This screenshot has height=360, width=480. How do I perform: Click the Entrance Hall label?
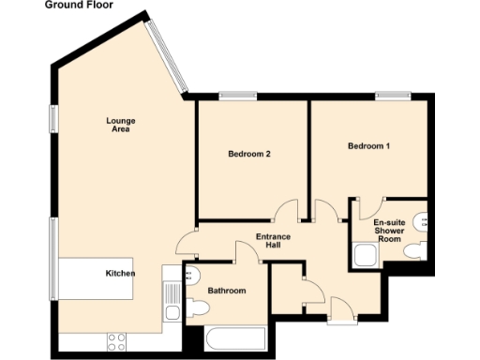(x=274, y=242)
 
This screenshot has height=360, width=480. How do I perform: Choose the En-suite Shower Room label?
(x=389, y=230)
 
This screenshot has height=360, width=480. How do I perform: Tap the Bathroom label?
(x=227, y=292)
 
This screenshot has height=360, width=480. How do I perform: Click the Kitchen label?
(x=120, y=273)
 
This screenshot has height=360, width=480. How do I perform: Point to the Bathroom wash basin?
(x=191, y=275)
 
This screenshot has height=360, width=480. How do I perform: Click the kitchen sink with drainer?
(x=171, y=302)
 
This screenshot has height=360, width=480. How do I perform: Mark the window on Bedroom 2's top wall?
(x=238, y=94)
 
